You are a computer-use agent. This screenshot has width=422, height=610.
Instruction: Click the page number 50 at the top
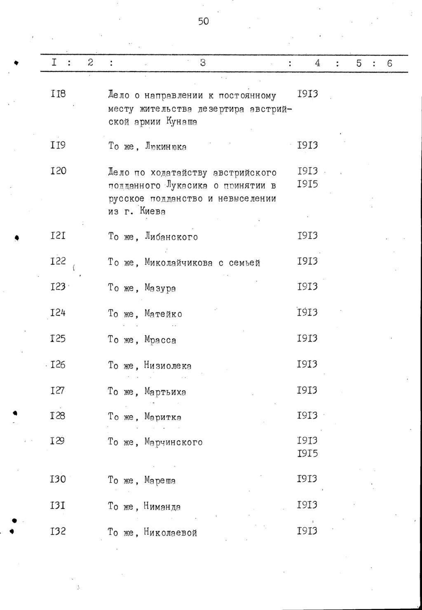coord(204,21)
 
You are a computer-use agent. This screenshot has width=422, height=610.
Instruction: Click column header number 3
coord(203,63)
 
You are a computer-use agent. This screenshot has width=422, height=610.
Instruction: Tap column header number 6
coord(389,63)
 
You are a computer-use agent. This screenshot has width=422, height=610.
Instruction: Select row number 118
coord(58,94)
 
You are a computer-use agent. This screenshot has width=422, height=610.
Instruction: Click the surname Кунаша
coord(182,122)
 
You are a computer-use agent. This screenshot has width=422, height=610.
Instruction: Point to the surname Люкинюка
coord(166,147)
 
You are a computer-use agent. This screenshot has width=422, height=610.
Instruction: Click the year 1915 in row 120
coord(307,184)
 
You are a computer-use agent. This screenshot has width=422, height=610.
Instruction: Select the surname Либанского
coord(171,237)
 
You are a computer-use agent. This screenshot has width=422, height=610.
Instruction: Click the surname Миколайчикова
coord(178,263)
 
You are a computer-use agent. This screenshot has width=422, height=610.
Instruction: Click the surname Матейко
coord(163,314)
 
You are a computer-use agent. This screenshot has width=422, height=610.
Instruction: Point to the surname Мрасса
coord(160,340)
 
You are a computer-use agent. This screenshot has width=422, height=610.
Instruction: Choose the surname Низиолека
coord(168,366)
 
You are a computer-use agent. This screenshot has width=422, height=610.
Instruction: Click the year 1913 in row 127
coord(307,390)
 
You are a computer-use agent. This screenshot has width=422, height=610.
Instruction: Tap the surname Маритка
coord(163,417)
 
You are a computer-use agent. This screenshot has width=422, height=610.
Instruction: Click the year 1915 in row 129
coord(307,454)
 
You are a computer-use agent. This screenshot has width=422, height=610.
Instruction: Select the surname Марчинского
coord(173,442)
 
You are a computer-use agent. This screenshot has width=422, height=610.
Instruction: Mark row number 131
coord(58,505)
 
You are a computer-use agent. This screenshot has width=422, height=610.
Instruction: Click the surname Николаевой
coord(170,532)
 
